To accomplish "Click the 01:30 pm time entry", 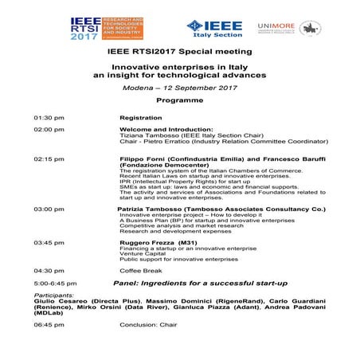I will pyautogui.click(x=49, y=117).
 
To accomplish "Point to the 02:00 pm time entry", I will pyautogui.click(x=49, y=129).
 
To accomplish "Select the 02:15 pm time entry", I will pyautogui.click(x=49, y=159).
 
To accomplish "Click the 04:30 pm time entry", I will pyautogui.click(x=49, y=270).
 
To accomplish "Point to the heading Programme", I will pyautogui.click(x=179, y=102).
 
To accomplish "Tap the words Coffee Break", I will pyautogui.click(x=140, y=270).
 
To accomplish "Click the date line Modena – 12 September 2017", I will pyautogui.click(x=179, y=88).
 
